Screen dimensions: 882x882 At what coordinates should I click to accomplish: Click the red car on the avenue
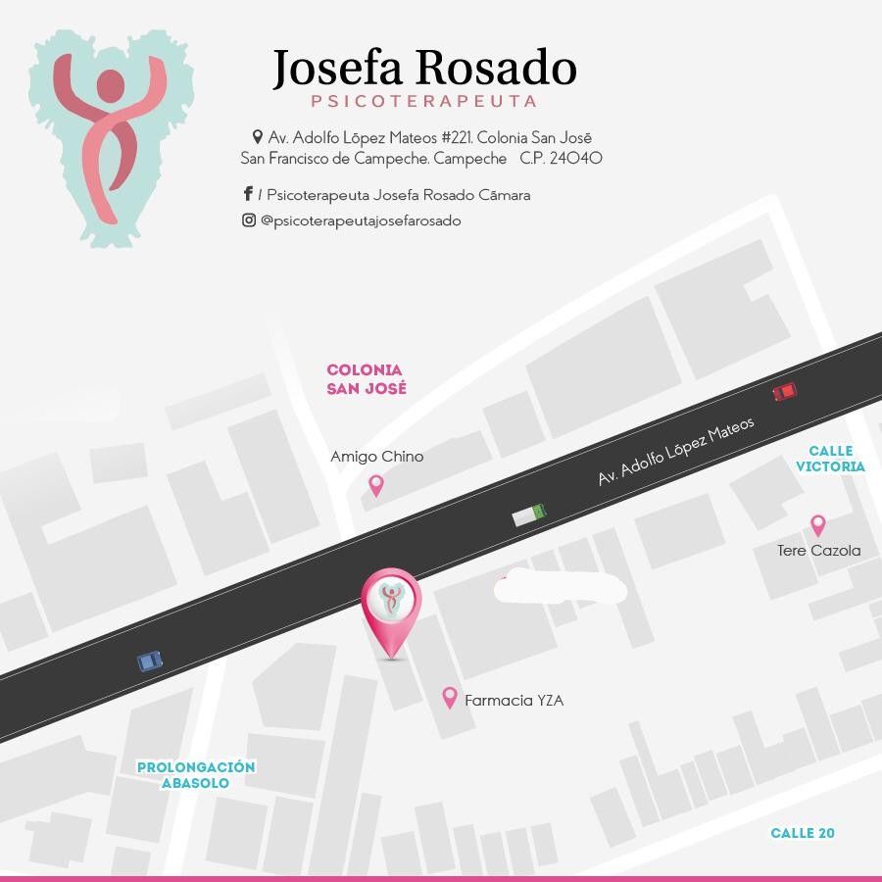tap(785, 392)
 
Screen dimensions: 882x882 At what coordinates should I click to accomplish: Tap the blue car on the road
tap(149, 661)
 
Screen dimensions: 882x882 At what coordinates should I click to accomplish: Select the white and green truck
tap(529, 514)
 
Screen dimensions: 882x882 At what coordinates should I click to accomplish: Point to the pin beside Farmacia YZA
tap(450, 698)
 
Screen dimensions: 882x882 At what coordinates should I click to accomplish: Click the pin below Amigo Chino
tap(375, 485)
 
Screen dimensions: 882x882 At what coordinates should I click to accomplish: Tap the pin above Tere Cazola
tap(817, 525)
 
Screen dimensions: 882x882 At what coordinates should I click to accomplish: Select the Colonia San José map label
tap(366, 379)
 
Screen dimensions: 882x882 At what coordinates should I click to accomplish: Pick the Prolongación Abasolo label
tap(196, 775)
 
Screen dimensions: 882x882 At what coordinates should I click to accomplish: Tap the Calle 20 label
tap(803, 833)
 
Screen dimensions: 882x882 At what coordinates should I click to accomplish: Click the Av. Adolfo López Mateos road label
tap(676, 451)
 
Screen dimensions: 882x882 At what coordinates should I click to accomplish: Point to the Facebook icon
tap(248, 194)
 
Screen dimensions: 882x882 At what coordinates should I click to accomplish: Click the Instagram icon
tap(249, 220)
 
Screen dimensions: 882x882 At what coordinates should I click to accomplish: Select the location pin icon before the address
tap(257, 137)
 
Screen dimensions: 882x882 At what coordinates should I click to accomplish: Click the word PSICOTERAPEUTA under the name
tap(423, 101)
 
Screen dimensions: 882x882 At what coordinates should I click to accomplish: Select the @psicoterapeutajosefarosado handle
tap(361, 220)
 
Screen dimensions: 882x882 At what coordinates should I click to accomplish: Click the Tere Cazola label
tap(818, 551)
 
